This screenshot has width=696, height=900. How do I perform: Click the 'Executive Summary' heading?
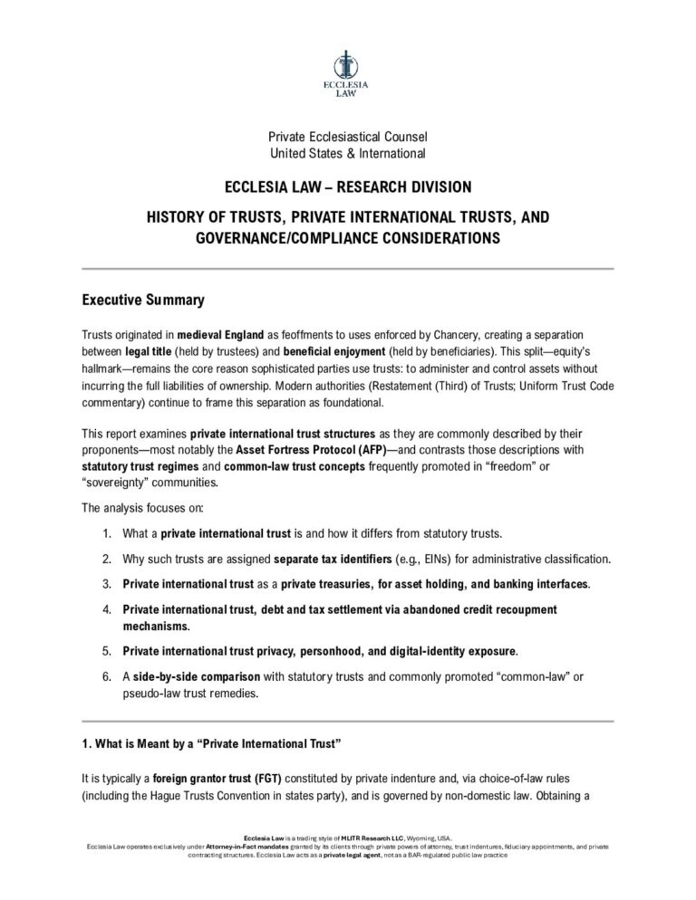(x=143, y=300)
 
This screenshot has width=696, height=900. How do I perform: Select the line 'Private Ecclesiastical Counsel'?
(x=348, y=137)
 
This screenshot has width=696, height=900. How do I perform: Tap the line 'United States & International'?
(x=348, y=153)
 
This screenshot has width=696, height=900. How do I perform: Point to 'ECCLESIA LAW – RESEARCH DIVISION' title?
(x=348, y=187)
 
